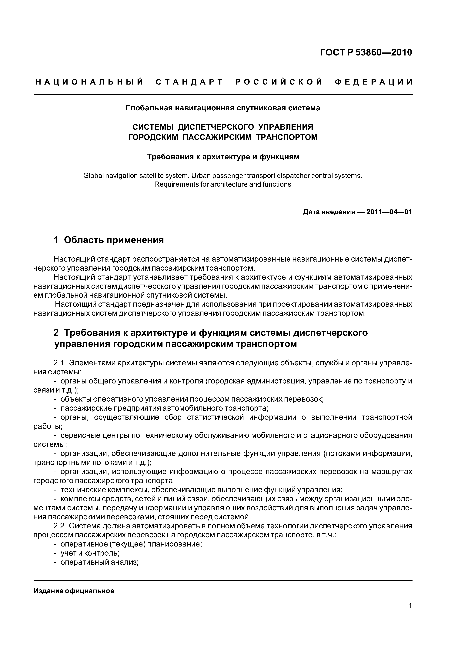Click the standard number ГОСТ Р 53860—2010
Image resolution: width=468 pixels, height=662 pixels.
(366, 52)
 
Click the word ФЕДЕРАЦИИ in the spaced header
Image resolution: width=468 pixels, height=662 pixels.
(374, 82)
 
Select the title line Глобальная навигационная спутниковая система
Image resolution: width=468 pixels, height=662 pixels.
(223, 108)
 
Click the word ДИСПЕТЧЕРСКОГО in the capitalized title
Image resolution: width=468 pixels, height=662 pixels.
(216, 127)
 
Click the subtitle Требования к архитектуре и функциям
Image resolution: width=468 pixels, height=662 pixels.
(223, 157)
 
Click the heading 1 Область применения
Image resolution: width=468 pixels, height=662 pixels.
(109, 240)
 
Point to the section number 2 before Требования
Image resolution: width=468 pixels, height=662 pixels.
(56, 333)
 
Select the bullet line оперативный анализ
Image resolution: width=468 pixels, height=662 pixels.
(99, 562)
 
